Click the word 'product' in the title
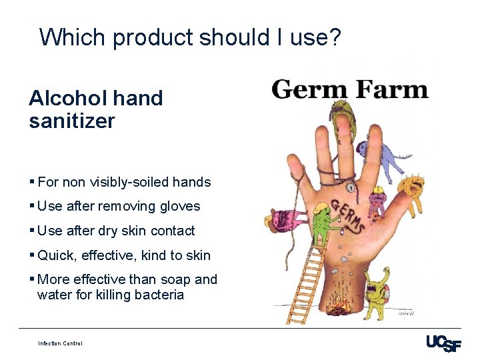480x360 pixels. click(x=152, y=37)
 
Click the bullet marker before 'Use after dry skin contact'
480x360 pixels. click(x=32, y=231)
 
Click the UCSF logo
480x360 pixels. click(x=443, y=343)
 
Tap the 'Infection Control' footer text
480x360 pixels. click(x=60, y=343)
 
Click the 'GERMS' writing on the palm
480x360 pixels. click(x=347, y=215)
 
